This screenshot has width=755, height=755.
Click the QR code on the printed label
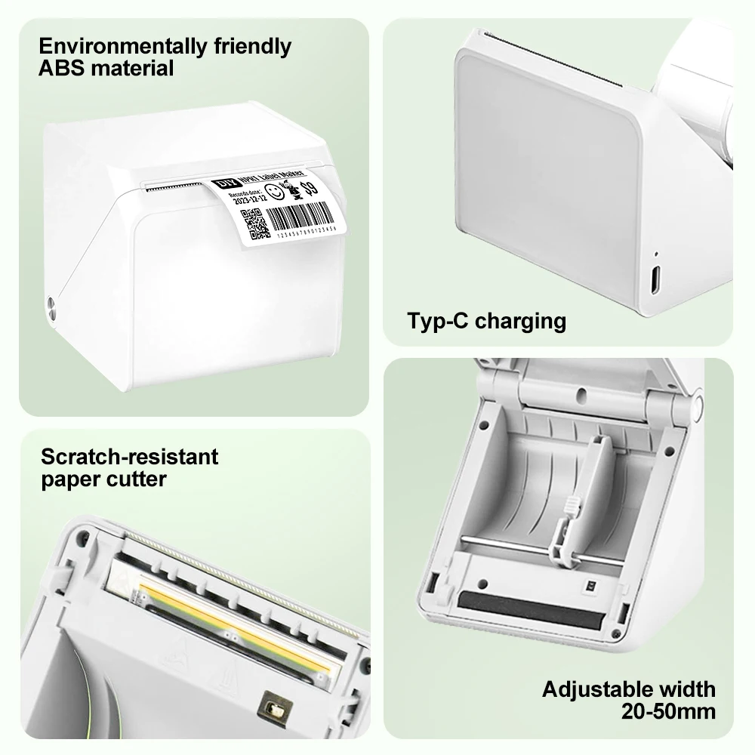click(254, 223)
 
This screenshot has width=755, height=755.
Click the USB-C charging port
click(654, 280)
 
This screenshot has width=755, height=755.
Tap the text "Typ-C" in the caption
click(438, 321)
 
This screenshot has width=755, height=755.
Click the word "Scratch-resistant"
click(129, 457)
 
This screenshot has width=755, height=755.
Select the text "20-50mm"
click(668, 710)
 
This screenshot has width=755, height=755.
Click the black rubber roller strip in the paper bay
click(528, 609)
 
